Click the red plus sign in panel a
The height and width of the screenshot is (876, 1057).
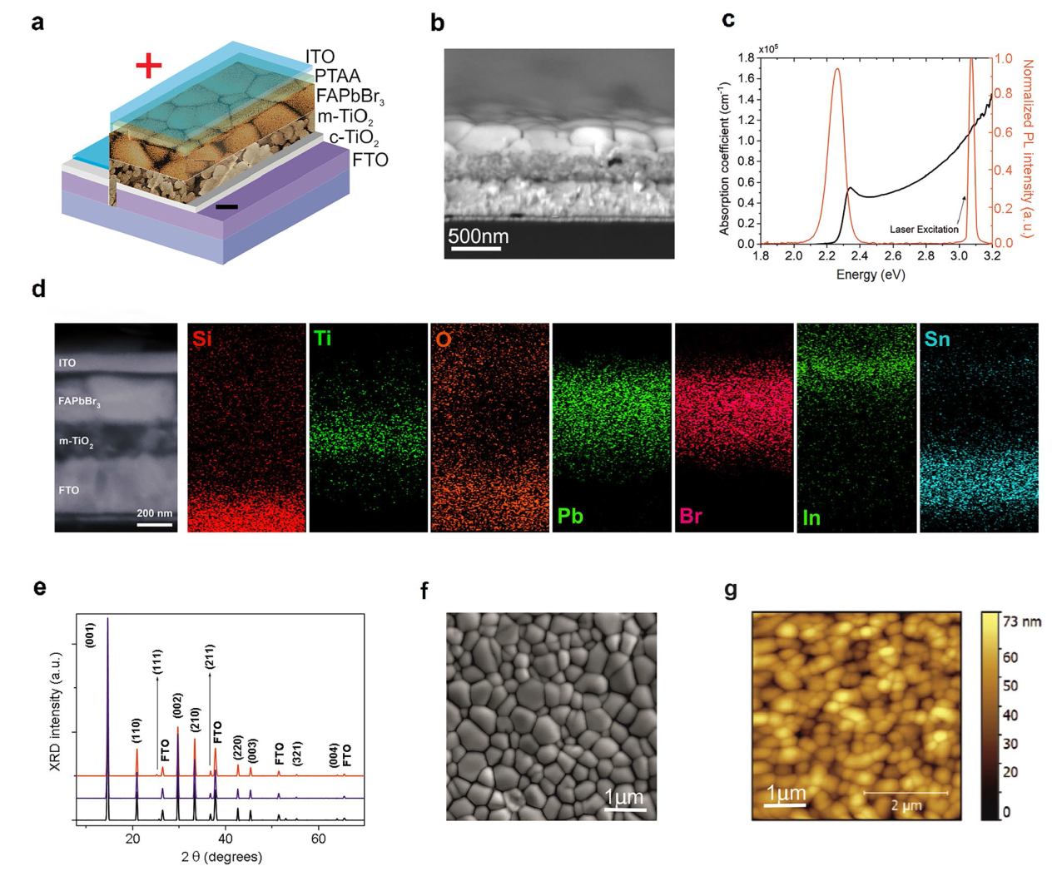[x=148, y=66]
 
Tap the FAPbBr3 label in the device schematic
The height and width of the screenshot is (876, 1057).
[x=350, y=97]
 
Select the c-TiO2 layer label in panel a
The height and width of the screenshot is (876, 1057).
[x=354, y=138]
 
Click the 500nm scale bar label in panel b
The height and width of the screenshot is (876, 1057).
[x=479, y=236]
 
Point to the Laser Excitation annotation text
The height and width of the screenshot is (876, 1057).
[x=924, y=230]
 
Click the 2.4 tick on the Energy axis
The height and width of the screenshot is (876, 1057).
[x=860, y=256]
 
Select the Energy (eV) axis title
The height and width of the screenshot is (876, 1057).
[x=871, y=275]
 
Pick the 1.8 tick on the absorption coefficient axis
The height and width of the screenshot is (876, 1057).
[x=746, y=58]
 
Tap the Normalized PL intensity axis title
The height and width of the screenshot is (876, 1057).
[x=1028, y=148]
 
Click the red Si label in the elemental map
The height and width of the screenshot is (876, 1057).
[x=201, y=339]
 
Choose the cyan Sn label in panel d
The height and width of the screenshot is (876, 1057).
[x=937, y=339]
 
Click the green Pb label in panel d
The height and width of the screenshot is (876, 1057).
[x=570, y=516]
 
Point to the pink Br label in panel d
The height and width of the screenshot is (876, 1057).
[x=691, y=516]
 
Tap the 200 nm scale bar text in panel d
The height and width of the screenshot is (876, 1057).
[x=155, y=513]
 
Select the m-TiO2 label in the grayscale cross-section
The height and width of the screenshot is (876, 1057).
[x=76, y=441]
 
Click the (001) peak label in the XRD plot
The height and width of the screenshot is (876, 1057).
[x=90, y=635]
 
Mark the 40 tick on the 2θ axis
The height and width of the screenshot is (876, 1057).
[x=226, y=839]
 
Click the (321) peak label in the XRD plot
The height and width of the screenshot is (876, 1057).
[x=297, y=753]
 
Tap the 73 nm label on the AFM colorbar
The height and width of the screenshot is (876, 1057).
[x=1023, y=622]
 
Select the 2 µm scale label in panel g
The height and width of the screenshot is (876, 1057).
[x=906, y=805]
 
